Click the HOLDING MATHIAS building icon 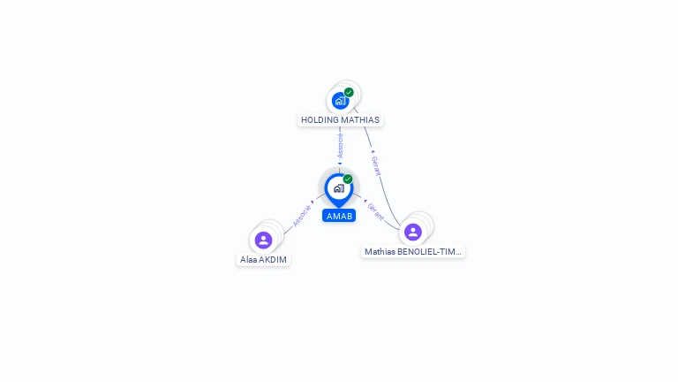(340, 101)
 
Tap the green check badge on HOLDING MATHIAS (349, 92)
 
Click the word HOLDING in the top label (318, 120)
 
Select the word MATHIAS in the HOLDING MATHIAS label (359, 120)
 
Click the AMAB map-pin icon (339, 190)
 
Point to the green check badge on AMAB (348, 179)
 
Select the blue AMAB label (339, 216)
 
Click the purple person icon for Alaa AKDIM (263, 240)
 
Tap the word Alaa (249, 260)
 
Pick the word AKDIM (274, 260)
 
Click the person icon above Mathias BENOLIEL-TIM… (413, 233)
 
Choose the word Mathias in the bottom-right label (380, 252)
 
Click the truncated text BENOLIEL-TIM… (429, 252)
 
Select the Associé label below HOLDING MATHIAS (340, 146)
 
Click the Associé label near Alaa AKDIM (302, 216)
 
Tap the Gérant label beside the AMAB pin (375, 211)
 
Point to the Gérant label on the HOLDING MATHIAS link (377, 166)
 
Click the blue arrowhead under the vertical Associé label (340, 164)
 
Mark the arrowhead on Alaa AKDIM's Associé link (313, 202)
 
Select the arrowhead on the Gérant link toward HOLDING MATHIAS (373, 151)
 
